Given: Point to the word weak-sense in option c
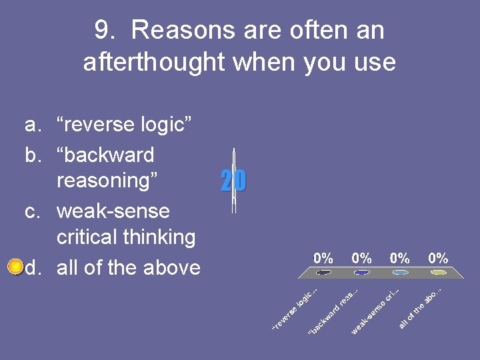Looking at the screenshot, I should click(x=113, y=211).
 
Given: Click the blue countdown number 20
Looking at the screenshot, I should click(x=233, y=181).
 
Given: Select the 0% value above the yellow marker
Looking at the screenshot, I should click(x=438, y=258).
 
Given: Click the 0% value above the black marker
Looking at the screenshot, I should click(x=323, y=258).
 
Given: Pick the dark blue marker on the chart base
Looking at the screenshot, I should click(x=362, y=273).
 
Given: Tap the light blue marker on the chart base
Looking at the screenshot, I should click(x=400, y=273).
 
